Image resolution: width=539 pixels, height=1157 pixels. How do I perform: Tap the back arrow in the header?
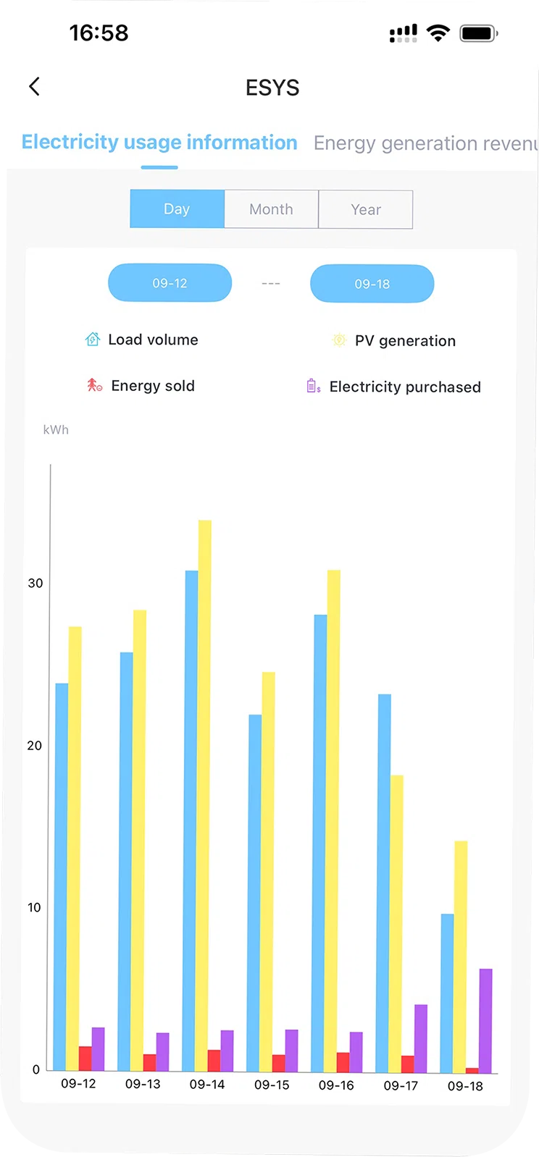point(34,87)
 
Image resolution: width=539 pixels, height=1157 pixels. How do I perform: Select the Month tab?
point(271,209)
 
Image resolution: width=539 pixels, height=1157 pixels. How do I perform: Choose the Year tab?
point(365,210)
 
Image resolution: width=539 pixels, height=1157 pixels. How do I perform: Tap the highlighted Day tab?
point(177,209)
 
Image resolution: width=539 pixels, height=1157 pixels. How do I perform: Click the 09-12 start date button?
point(170,283)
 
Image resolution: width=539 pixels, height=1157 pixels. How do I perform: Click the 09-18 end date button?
point(372,284)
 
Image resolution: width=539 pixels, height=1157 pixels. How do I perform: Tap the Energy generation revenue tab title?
point(425,143)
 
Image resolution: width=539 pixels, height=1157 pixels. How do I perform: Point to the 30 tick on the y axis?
point(35,584)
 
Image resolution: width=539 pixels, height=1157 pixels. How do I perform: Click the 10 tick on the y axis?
point(34,908)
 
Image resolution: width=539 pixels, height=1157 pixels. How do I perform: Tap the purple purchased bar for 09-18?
point(485,1021)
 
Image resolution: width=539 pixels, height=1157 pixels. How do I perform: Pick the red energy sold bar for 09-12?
point(85,1059)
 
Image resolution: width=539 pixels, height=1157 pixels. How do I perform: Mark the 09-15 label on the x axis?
point(272,1085)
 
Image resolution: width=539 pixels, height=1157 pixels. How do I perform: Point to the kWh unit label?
point(56,430)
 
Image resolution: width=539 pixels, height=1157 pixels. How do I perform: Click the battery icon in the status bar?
point(479,33)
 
